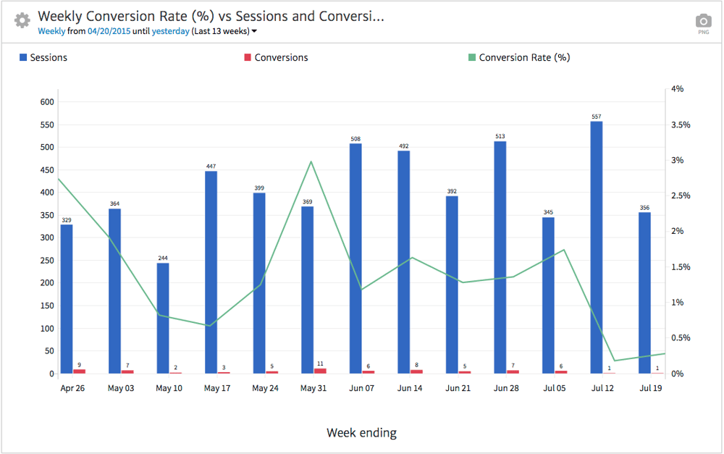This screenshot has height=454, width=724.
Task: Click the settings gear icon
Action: tap(22, 20)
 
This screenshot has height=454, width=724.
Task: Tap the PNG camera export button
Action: tap(703, 23)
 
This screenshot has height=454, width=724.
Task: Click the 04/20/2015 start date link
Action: tap(109, 31)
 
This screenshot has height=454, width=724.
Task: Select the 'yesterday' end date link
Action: tap(171, 31)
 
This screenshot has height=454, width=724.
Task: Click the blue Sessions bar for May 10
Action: tap(163, 319)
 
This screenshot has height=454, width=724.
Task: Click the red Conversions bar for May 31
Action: tap(320, 371)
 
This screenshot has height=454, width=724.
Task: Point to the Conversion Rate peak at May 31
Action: tap(311, 161)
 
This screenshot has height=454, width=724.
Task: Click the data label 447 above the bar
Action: tap(211, 166)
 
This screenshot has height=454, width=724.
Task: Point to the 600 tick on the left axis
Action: tap(48, 102)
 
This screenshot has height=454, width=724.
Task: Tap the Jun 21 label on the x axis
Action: tap(458, 388)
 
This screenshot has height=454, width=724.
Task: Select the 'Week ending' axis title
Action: tap(361, 433)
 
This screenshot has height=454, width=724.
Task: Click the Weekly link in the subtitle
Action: tap(51, 31)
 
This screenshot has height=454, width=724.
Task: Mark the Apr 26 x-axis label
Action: tap(72, 388)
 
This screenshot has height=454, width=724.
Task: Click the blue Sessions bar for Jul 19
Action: tap(644, 293)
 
